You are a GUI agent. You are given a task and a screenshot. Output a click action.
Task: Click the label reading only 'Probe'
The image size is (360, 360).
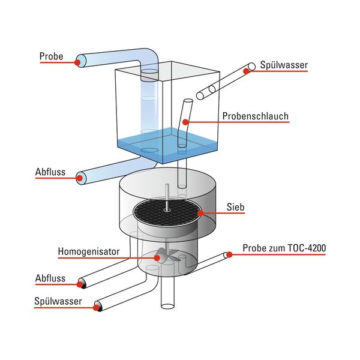[52, 57]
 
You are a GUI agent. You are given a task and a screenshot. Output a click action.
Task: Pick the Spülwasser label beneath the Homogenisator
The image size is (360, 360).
[58, 302]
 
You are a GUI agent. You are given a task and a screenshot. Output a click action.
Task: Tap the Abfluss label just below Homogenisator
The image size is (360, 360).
[50, 278]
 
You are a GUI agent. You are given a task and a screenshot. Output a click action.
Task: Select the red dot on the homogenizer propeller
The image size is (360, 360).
[158, 257]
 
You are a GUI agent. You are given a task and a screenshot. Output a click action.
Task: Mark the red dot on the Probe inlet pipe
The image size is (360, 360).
[78, 61]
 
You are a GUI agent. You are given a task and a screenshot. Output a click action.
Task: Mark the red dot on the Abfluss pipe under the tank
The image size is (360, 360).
[79, 177]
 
